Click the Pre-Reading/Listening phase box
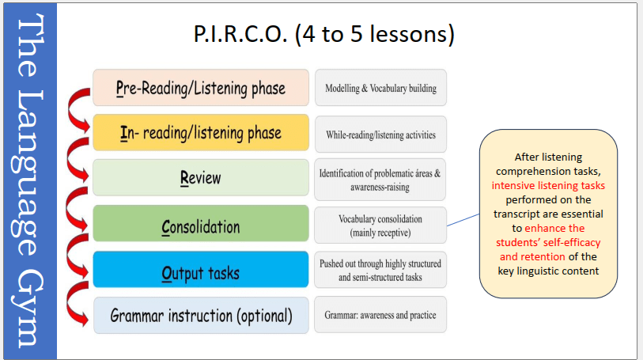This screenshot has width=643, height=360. tap(200, 87)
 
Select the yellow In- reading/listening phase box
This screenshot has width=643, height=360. tap(200, 132)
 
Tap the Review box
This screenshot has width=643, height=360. tap(200, 178)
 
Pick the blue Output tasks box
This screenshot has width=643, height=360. tap(200, 271)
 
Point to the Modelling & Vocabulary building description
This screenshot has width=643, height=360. tap(380, 88)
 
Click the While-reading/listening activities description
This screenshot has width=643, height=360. tap(380, 134)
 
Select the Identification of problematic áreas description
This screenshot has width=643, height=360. tap(380, 180)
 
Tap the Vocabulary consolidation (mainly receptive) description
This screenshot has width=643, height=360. tap(380, 225)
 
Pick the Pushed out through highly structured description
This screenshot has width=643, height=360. tap(380, 270)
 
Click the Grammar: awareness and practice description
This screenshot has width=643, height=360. tap(380, 315)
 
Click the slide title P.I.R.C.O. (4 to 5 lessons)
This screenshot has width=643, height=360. tap(323, 36)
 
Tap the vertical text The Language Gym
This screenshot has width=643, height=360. tap(29, 180)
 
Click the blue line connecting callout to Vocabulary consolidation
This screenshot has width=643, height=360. tap(463, 217)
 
